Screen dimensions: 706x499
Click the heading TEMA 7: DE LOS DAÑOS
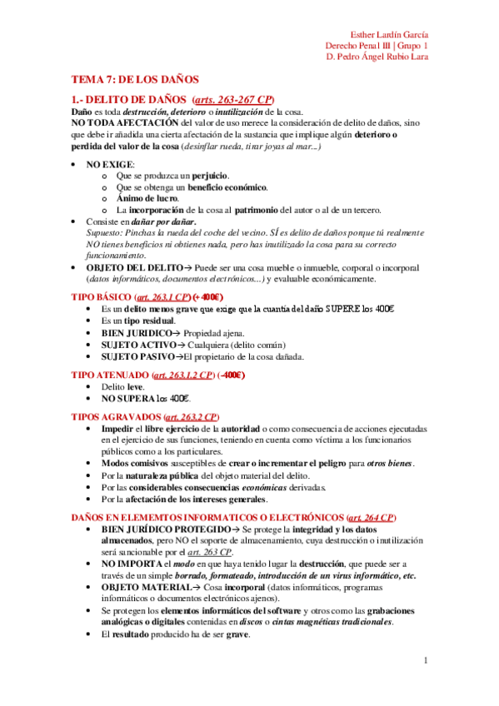click(x=134, y=80)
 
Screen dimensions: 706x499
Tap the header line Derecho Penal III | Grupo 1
click(x=377, y=46)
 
